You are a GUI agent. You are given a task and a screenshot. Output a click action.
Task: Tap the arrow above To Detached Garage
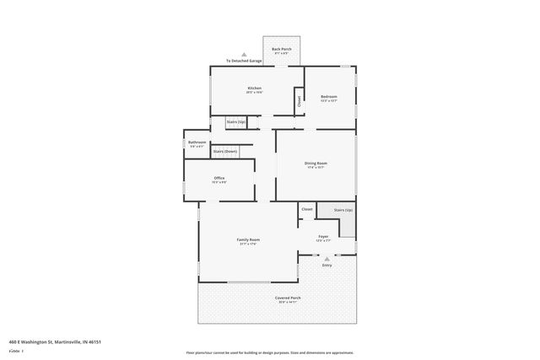tap(245, 55)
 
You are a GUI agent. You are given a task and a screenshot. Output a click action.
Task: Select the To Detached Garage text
tap(245, 62)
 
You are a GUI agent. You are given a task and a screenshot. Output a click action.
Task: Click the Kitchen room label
tap(254, 89)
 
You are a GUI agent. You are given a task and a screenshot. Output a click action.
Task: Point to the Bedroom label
tap(329, 97)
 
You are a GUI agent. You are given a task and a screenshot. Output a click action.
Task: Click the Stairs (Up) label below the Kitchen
tap(236, 122)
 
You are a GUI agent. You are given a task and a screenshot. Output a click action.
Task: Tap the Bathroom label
tap(197, 142)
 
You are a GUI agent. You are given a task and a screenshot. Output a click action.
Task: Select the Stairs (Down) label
tap(225, 151)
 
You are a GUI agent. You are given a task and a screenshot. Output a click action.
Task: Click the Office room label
tap(219, 179)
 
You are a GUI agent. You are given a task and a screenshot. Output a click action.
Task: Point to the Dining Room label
tap(316, 164)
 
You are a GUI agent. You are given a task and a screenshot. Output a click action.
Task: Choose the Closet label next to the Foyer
tap(307, 208)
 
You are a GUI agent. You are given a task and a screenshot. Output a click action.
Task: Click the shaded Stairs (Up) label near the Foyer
tap(343, 209)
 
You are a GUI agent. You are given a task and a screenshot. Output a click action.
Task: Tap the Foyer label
tap(323, 237)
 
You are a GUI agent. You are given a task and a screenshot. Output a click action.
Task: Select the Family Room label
tap(248, 241)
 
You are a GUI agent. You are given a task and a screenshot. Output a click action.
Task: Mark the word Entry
tap(327, 266)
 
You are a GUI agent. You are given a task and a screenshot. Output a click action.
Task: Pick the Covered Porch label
tap(288, 299)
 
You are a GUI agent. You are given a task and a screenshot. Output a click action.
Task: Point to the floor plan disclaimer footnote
tap(269, 352)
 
